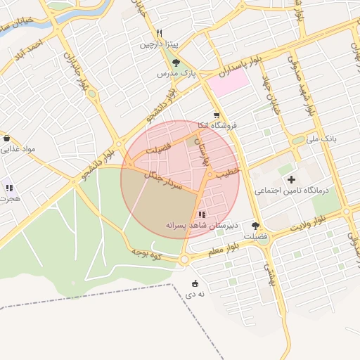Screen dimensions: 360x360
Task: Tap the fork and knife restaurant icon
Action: pyautogui.click(x=160, y=33)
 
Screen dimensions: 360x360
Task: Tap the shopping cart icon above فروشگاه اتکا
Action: pyautogui.click(x=217, y=114)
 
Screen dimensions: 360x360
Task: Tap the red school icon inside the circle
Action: pyautogui.click(x=202, y=214)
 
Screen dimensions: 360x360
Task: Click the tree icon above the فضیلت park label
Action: pyautogui.click(x=255, y=226)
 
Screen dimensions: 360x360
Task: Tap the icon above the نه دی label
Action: pyautogui.click(x=195, y=283)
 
